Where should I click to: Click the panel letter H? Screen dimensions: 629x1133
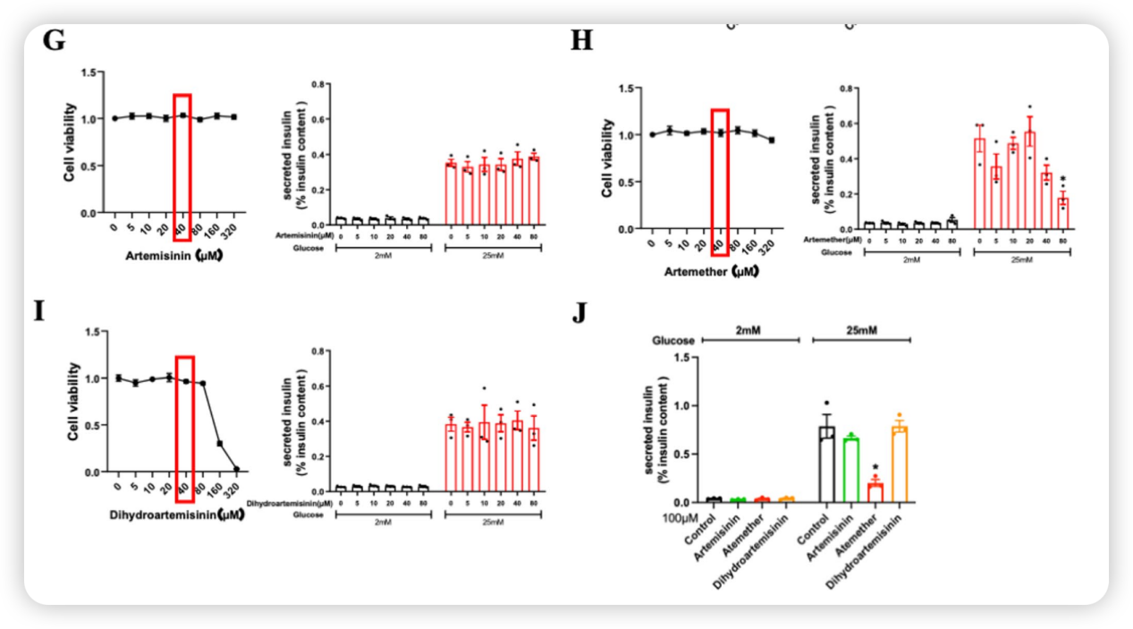[582, 41]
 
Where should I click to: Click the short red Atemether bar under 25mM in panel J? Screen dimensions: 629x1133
[875, 492]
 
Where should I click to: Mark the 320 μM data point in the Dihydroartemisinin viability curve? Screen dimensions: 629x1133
[237, 469]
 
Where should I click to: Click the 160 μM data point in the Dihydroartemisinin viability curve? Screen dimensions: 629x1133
[220, 443]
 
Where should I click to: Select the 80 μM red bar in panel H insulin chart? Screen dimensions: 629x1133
[1062, 213]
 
